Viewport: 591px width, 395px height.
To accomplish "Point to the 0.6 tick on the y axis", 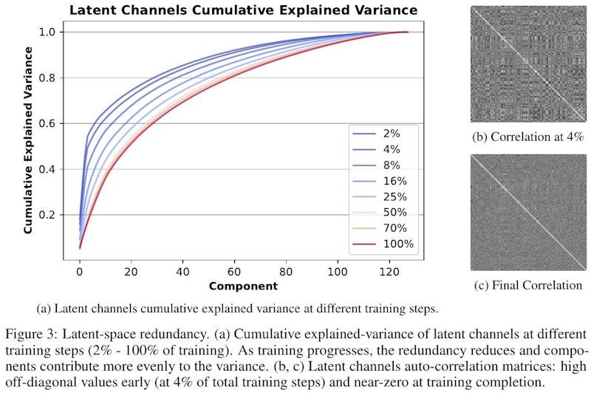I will [47, 123].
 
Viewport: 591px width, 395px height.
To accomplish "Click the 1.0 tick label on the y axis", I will [47, 32].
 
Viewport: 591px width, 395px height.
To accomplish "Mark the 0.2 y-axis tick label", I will [47, 215].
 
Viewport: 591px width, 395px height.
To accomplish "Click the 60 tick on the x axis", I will [234, 271].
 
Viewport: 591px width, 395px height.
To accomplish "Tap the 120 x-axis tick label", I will [389, 271].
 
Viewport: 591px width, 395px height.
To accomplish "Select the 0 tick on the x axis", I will [80, 271].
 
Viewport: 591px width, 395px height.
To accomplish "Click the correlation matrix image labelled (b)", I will [527, 64].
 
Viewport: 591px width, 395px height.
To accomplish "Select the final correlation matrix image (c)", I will [527, 213].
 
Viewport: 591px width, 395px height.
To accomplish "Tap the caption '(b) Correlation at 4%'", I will [527, 137].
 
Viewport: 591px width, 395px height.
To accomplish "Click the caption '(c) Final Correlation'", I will [527, 285].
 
